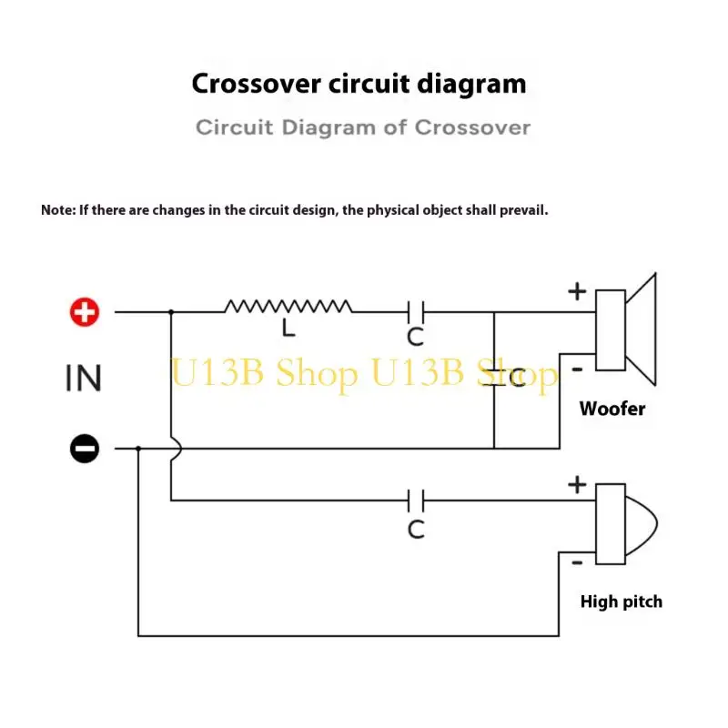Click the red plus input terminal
pyautogui.click(x=85, y=312)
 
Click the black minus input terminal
pyautogui.click(x=85, y=449)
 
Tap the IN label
pyautogui.click(x=84, y=378)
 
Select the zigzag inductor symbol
pyautogui.click(x=288, y=307)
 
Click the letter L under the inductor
pyautogui.click(x=288, y=329)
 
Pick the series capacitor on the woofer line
pyautogui.click(x=416, y=312)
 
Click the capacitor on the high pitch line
pyautogui.click(x=416, y=500)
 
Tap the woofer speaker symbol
pyautogui.click(x=625, y=329)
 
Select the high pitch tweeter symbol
pyautogui.click(x=626, y=524)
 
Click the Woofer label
pyautogui.click(x=612, y=409)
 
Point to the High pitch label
pyautogui.click(x=622, y=602)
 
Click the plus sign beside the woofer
pyautogui.click(x=577, y=291)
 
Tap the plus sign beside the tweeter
pyautogui.click(x=577, y=485)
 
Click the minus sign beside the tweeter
pyautogui.click(x=577, y=562)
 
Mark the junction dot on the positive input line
pyautogui.click(x=171, y=312)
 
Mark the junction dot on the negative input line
pyautogui.click(x=138, y=449)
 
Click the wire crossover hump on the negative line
pyautogui.click(x=177, y=449)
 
